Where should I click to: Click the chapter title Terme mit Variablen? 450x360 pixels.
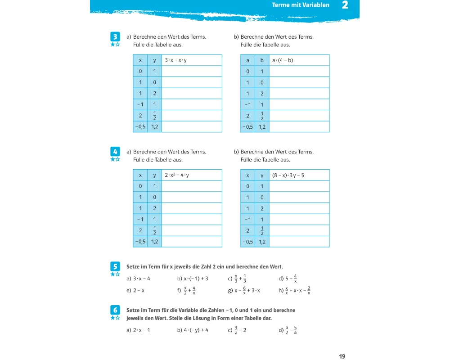(x=301, y=5)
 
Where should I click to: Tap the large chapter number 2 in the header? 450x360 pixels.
(x=345, y=5)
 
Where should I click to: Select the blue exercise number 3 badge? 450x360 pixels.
(x=115, y=36)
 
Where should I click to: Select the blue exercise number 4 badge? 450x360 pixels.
(x=115, y=151)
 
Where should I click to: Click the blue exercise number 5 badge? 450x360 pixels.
(x=115, y=266)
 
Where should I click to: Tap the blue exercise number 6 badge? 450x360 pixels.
(x=115, y=310)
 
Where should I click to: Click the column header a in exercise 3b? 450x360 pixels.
(x=247, y=60)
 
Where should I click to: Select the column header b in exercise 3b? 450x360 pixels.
(x=262, y=60)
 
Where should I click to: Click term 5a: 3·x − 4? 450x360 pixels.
(x=141, y=279)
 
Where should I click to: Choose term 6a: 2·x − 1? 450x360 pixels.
(x=141, y=330)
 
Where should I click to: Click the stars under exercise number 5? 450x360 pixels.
(x=115, y=274)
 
